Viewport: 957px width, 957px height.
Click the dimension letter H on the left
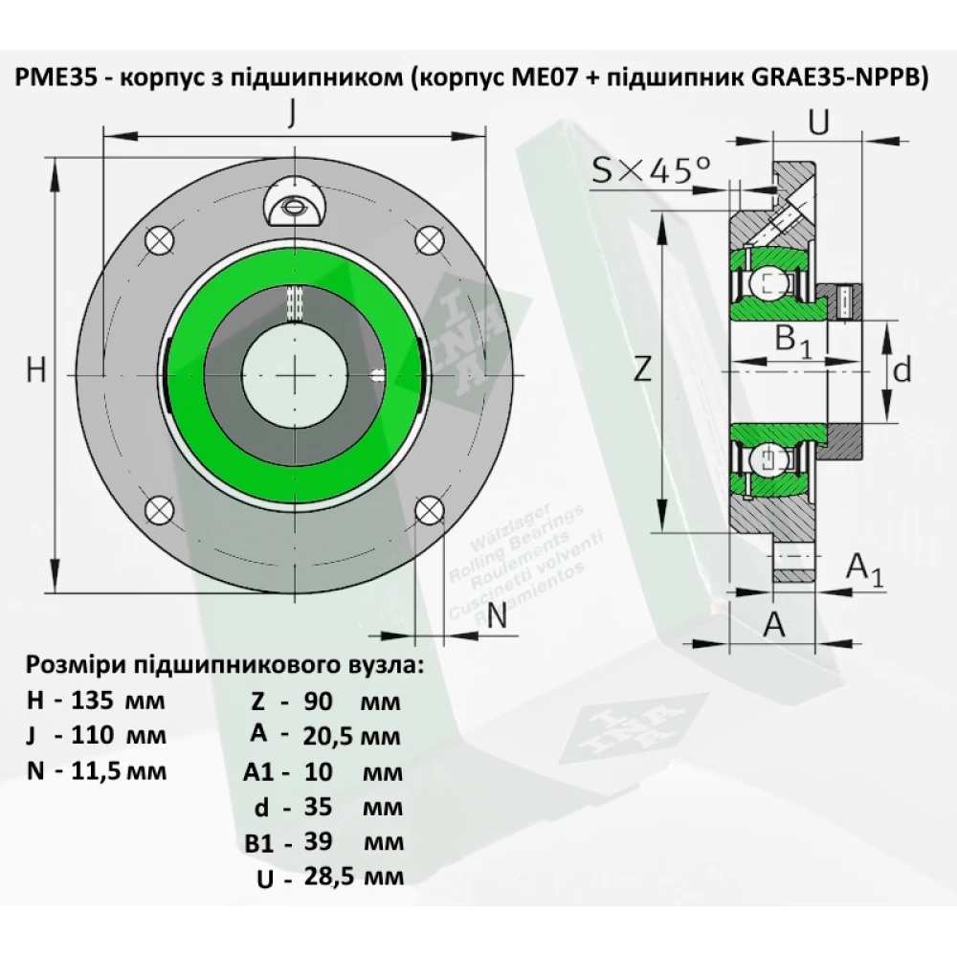[35, 370]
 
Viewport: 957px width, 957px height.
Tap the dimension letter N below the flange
[496, 617]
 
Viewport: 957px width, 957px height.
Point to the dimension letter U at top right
[818, 122]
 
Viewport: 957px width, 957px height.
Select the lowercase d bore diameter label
[900, 369]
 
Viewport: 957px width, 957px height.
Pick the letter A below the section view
[773, 624]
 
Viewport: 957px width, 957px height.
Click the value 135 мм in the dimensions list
[120, 700]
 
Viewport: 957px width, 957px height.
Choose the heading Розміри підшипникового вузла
[224, 665]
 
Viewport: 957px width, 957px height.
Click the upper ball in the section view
[770, 282]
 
